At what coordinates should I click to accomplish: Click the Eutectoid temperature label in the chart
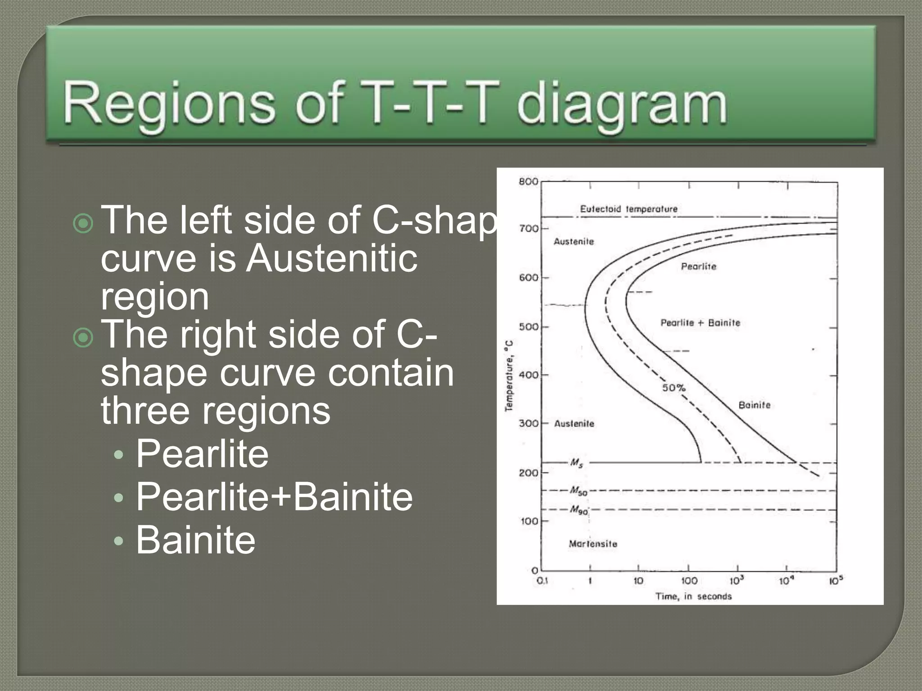point(628,209)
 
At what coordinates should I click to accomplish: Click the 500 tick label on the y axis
point(529,327)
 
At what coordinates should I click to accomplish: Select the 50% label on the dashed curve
point(673,387)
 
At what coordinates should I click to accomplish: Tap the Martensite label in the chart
point(593,544)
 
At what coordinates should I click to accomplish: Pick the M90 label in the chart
point(579,510)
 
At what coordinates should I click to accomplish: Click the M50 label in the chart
point(579,491)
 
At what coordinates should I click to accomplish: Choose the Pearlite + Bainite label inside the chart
point(700,323)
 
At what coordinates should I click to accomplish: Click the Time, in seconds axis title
point(693,597)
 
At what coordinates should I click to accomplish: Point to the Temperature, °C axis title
point(509,376)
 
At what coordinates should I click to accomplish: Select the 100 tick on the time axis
point(689,581)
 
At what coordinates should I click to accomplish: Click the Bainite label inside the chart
point(755,405)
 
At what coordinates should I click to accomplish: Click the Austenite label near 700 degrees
point(574,242)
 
